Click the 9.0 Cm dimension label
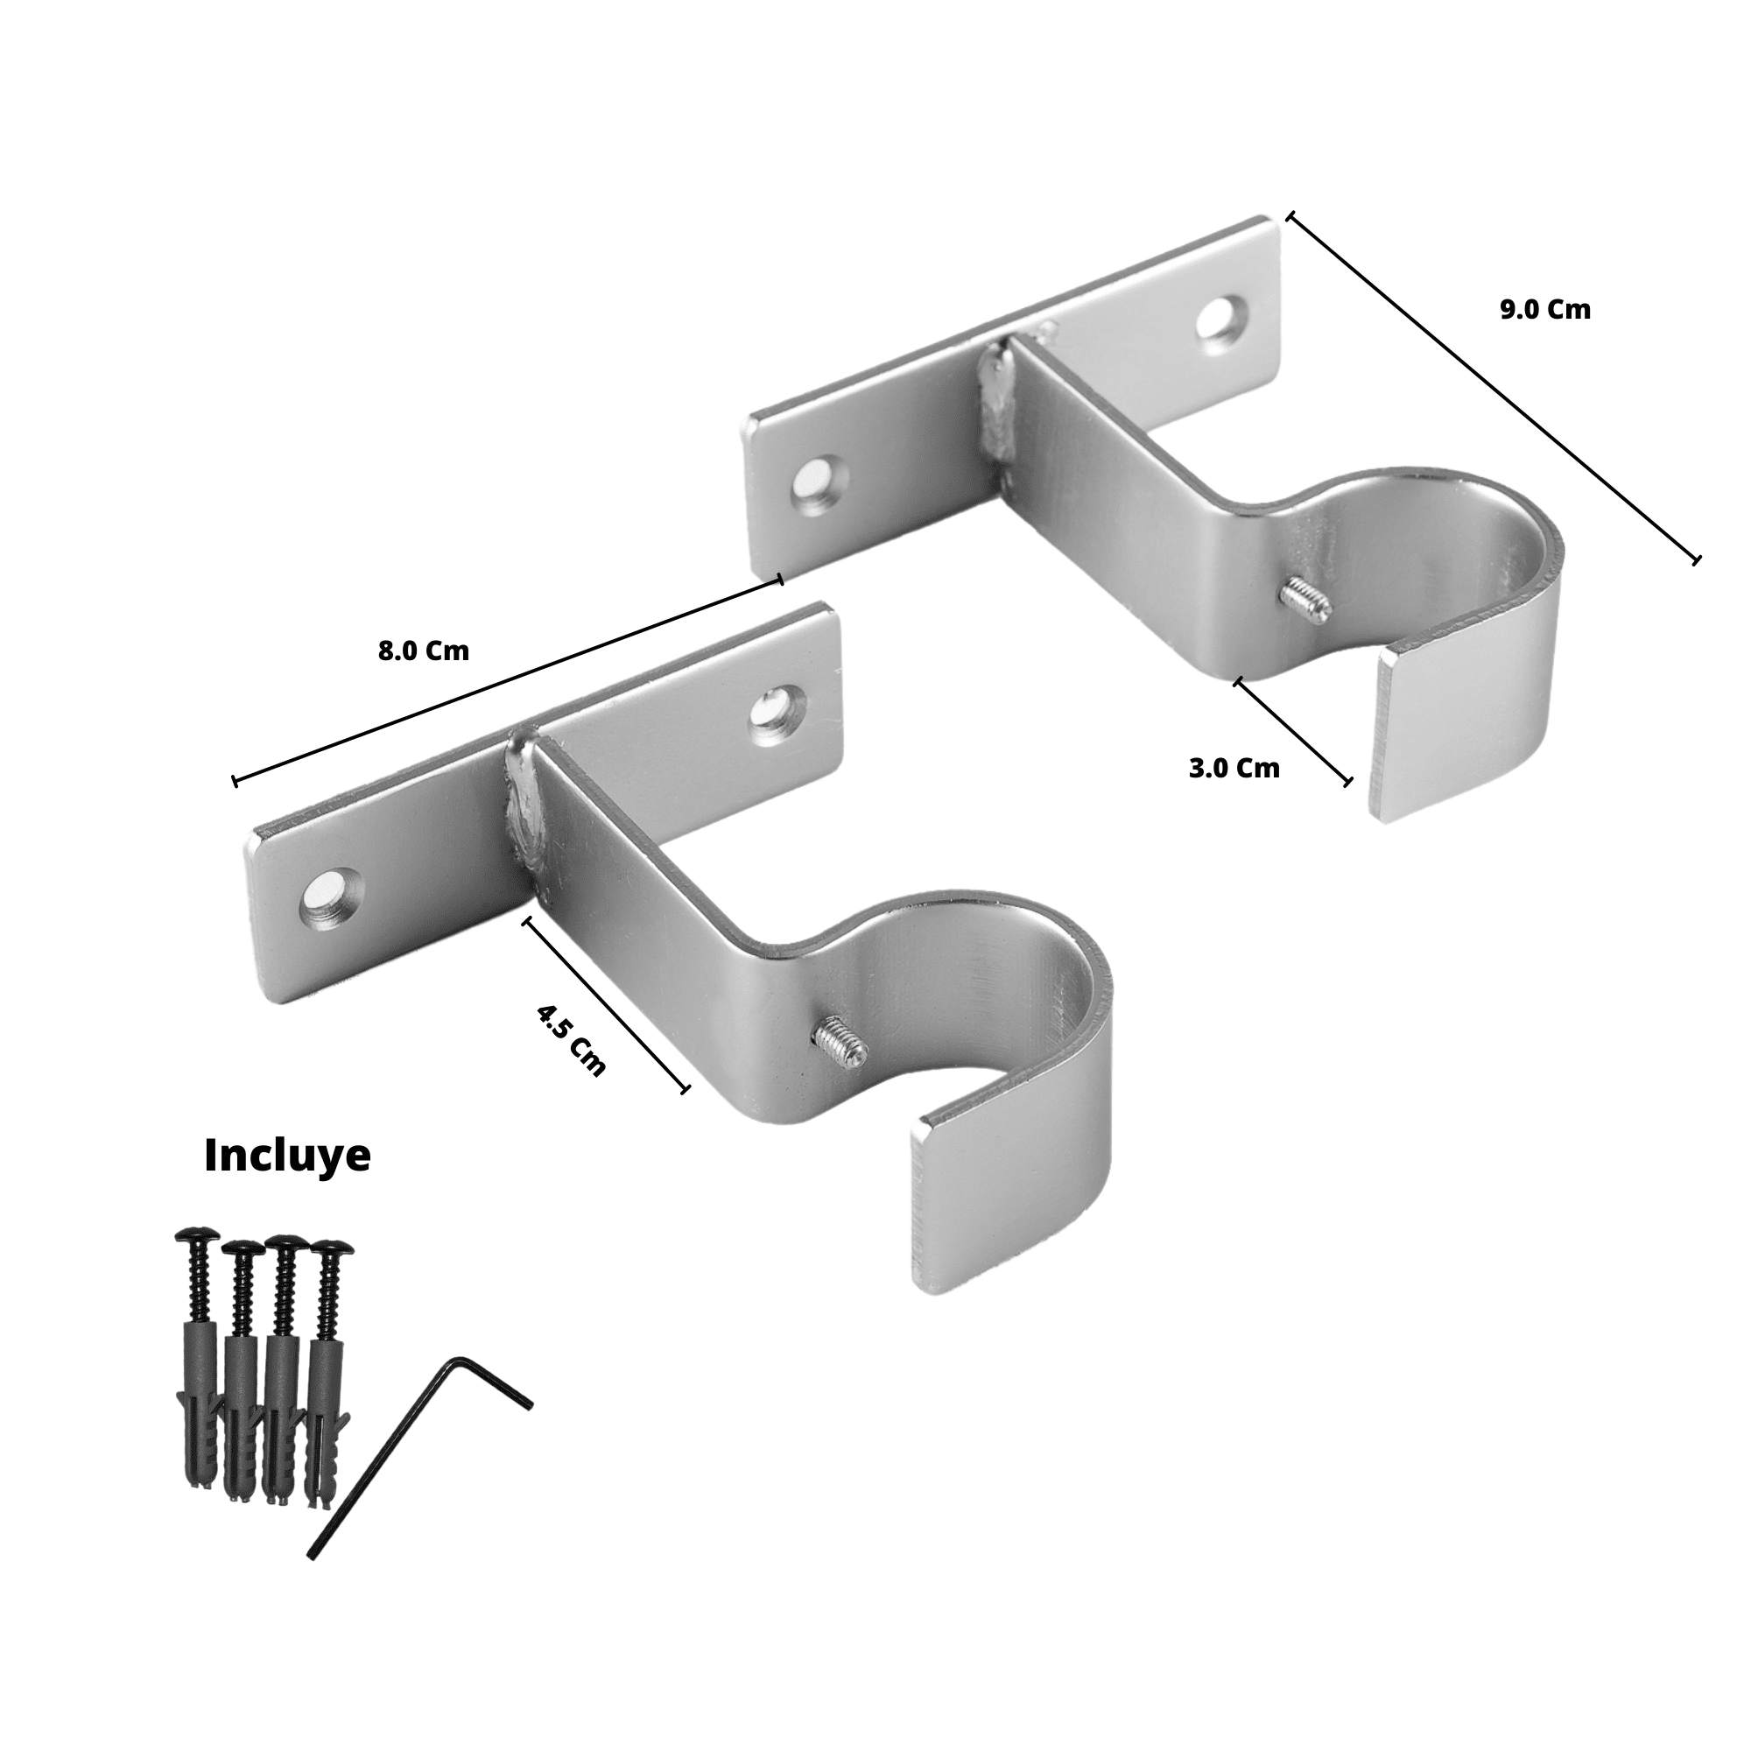pos(1544,310)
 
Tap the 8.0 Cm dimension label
pos(423,650)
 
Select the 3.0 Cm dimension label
pos(1234,769)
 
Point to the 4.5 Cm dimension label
pos(571,1039)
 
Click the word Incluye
pos(287,1157)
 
